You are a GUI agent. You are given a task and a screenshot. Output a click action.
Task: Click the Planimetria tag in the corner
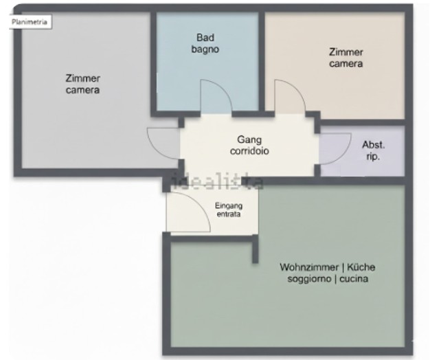[30, 22]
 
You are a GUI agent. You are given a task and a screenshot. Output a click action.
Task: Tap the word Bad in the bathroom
[205, 38]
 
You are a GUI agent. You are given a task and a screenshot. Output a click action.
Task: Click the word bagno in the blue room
[205, 49]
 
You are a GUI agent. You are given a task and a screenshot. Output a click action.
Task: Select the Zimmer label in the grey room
[82, 79]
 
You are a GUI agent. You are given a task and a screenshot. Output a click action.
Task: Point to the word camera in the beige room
[346, 64]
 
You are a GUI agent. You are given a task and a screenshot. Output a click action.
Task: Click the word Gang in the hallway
[249, 140]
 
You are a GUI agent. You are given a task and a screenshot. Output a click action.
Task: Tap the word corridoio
[249, 151]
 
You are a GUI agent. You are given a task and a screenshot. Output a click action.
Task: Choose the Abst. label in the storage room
[374, 145]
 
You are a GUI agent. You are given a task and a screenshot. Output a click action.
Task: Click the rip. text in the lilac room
[373, 157]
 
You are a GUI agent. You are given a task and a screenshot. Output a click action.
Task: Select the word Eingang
[229, 205]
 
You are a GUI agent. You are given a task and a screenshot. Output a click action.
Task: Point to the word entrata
[229, 214]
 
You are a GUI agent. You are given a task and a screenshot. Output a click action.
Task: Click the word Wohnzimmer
[309, 267]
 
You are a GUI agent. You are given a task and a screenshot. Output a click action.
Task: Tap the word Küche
[361, 267]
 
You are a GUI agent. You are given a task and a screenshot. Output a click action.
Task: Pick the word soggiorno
[308, 279]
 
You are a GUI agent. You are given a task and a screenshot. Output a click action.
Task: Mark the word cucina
[354, 279]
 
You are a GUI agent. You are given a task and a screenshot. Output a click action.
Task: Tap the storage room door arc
[345, 154]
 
